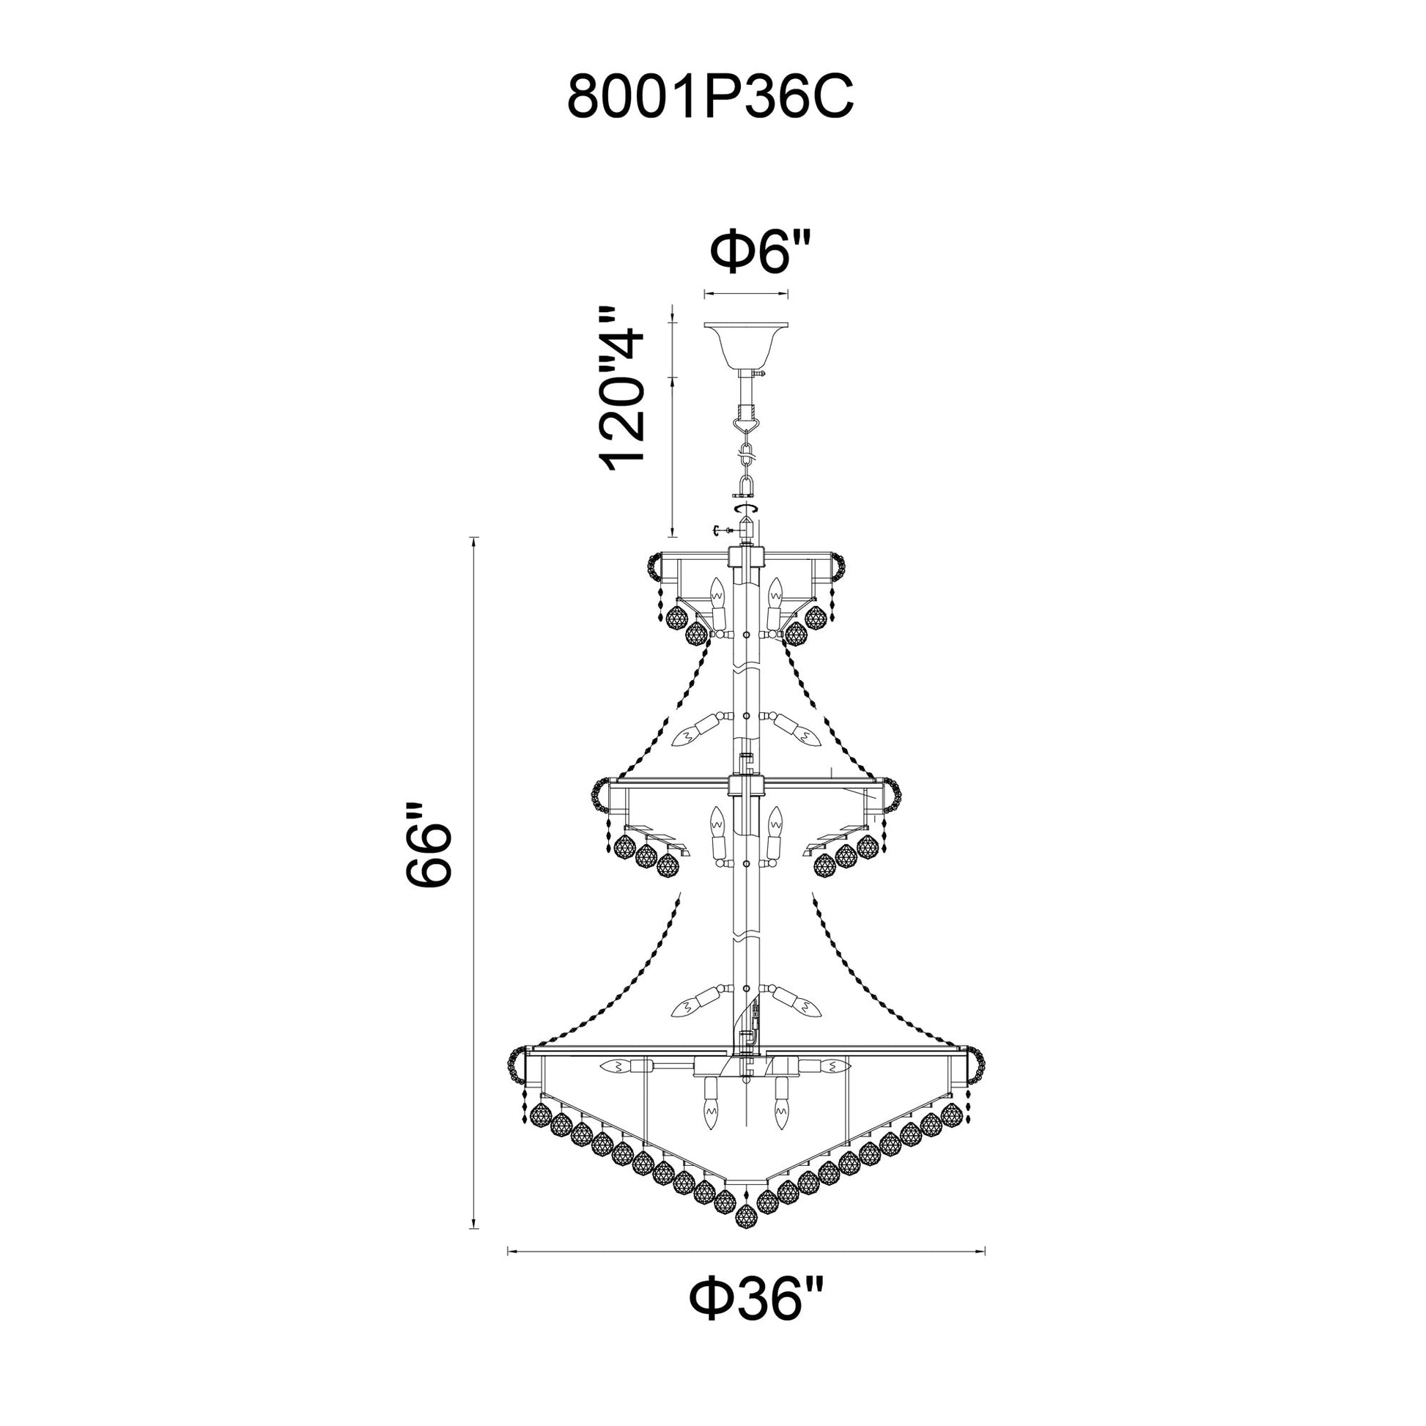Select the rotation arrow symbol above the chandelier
coord(746,509)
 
